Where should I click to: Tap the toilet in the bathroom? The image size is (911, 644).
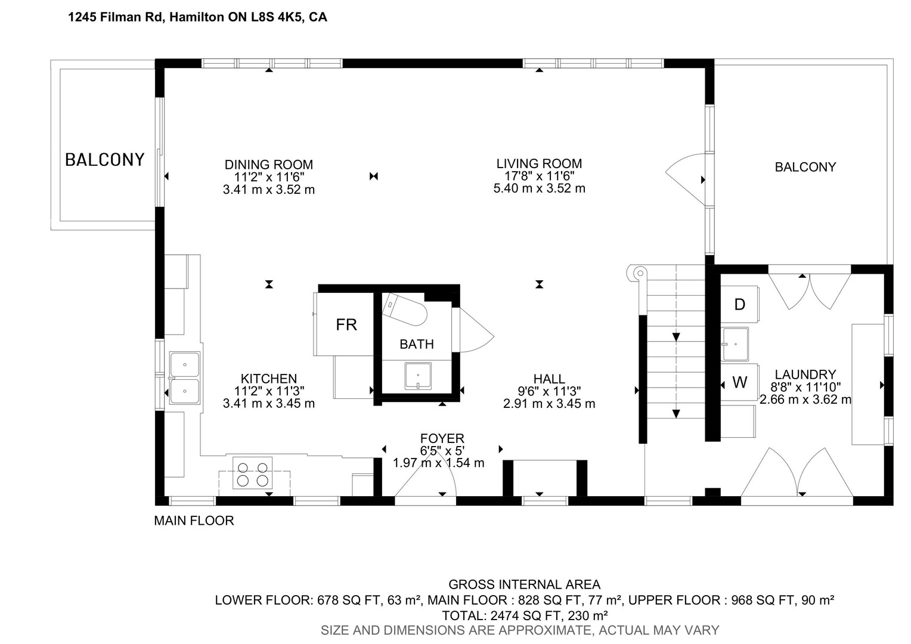[404, 310]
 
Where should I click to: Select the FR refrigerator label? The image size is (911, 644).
[346, 324]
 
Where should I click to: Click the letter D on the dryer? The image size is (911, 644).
[739, 304]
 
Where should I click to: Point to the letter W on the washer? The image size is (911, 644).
[740, 382]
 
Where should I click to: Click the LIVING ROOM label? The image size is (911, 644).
[539, 163]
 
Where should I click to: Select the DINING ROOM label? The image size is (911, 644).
[269, 165]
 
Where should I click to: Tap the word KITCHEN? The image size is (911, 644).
[269, 379]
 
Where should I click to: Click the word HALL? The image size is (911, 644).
[549, 379]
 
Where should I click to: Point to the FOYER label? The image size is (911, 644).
[442, 438]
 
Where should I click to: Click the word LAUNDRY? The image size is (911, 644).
[805, 374]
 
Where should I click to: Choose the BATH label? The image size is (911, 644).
[417, 344]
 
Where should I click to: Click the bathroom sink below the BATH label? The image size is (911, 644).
[418, 376]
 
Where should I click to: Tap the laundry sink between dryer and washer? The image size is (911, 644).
[735, 344]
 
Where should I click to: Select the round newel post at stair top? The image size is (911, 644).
[640, 273]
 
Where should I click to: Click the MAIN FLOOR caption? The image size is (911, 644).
[194, 521]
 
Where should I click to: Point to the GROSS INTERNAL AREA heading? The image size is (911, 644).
[524, 584]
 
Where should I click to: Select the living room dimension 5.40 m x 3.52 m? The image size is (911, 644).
[540, 188]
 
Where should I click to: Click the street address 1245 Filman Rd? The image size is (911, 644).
[114, 17]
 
